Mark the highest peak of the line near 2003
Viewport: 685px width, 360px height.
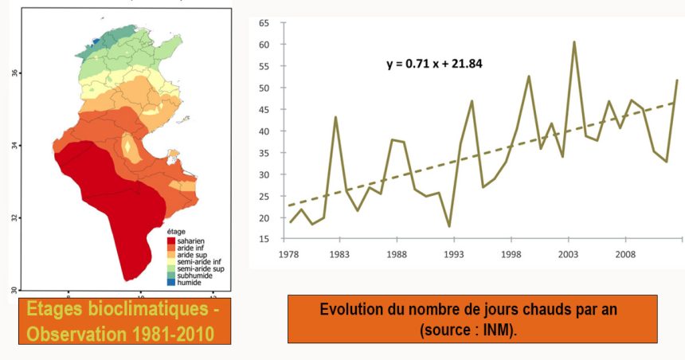point(573,42)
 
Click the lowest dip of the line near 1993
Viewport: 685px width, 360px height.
point(449,226)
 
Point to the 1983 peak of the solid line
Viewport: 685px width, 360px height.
point(335,117)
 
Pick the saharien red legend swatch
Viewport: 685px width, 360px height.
point(171,240)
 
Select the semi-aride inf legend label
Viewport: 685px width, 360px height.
point(199,261)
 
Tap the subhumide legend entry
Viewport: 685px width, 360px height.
point(195,276)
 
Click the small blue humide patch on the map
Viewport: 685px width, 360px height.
point(97,41)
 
